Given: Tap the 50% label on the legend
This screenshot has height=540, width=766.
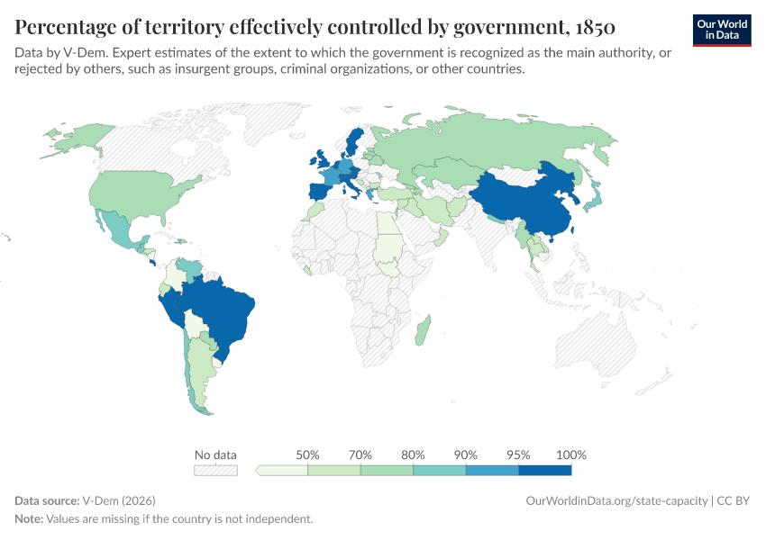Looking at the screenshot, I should [x=308, y=454].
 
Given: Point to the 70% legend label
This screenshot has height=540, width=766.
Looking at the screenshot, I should [x=360, y=454].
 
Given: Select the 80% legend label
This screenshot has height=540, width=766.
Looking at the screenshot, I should [x=414, y=454].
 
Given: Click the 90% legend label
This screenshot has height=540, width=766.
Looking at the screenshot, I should [x=466, y=454].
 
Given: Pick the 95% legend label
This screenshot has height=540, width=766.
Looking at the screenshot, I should [x=519, y=454].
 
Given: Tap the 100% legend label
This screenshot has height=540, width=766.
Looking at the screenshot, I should [x=571, y=454].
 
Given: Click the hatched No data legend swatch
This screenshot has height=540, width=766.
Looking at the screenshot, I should [x=215, y=470].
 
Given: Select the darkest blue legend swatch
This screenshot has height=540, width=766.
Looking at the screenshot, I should [x=545, y=470].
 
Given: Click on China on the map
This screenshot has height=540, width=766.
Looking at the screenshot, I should [x=523, y=202].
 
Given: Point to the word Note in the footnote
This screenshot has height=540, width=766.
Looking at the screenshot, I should [x=29, y=519].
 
